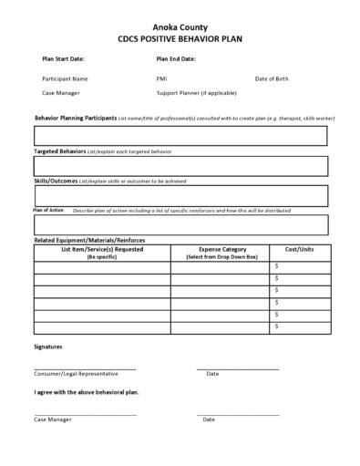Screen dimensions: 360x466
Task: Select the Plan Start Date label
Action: [63, 58]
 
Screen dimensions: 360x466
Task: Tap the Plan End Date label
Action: [176, 58]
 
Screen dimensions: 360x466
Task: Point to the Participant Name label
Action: [65, 78]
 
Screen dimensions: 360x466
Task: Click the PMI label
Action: [161, 78]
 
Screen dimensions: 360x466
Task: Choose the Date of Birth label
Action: [272, 78]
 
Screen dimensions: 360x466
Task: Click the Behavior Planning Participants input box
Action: [180, 136]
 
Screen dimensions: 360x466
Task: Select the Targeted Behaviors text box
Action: [180, 165]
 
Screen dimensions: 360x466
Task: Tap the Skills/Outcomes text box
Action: [180, 195]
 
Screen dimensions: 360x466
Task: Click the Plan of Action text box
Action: [180, 224]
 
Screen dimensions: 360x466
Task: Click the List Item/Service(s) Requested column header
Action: [102, 252]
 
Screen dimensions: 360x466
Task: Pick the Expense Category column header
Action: [221, 252]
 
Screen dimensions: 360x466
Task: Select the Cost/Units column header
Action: [299, 249]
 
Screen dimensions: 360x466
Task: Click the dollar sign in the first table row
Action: [277, 266]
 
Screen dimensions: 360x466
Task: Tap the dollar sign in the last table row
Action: [277, 326]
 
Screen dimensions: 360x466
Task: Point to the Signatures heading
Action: [48, 347]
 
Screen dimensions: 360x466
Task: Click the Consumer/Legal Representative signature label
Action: [72, 374]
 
